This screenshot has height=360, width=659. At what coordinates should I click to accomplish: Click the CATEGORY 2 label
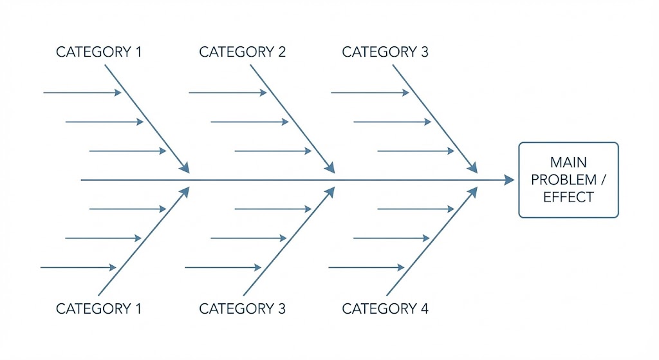pyautogui.click(x=242, y=52)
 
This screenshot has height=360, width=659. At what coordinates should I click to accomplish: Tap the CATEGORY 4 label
pyautogui.click(x=385, y=308)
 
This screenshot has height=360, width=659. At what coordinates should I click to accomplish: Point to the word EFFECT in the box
pyautogui.click(x=568, y=198)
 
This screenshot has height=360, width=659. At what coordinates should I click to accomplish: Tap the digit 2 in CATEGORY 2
pyautogui.click(x=281, y=52)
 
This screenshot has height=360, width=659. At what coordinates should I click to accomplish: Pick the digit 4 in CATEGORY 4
pyautogui.click(x=424, y=308)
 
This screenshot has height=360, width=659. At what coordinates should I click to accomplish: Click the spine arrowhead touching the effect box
pyautogui.click(x=509, y=180)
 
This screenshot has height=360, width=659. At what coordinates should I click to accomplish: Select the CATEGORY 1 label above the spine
pyautogui.click(x=98, y=52)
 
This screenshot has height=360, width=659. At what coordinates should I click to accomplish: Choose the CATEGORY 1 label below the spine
pyautogui.click(x=98, y=308)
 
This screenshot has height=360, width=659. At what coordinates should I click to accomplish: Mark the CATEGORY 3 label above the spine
pyautogui.click(x=385, y=52)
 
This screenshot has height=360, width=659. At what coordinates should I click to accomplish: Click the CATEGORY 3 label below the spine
pyautogui.click(x=242, y=308)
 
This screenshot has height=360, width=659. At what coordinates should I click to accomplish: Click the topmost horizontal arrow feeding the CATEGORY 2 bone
pyautogui.click(x=227, y=93)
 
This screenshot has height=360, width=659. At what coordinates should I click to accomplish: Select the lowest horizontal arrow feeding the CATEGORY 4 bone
pyautogui.click(x=366, y=267)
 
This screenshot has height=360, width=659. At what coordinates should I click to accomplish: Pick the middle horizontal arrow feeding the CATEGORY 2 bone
pyautogui.click(x=249, y=122)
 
